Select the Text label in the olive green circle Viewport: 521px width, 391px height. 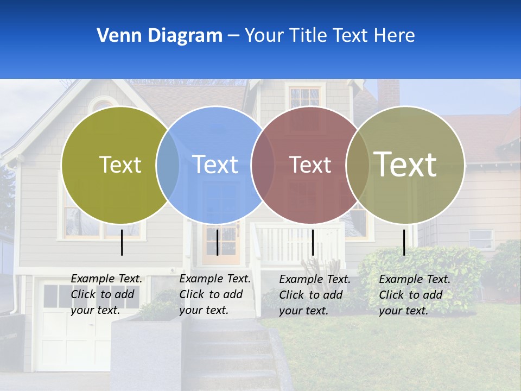pos(120,165)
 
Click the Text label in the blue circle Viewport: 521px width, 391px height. pos(215,165)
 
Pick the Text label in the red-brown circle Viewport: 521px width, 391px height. pos(310,165)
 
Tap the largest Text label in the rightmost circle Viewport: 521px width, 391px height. pos(405,164)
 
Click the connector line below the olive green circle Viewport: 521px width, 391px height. pos(122,242)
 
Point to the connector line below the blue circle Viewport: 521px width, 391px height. pos(217,242)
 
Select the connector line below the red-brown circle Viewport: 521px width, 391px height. pos(313,242)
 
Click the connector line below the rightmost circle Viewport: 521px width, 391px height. pos(404,242)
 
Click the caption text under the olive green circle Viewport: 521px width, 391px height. pos(106,294)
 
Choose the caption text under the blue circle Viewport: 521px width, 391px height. pos(215,294)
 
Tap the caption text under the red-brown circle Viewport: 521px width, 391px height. pos(315,295)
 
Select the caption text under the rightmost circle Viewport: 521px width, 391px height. pos(415,295)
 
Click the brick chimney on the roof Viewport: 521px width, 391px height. pos(389,93)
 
